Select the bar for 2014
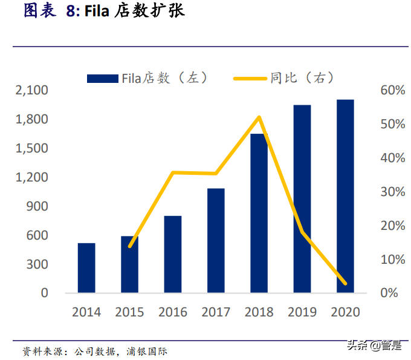[86, 268]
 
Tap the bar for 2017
[216, 241]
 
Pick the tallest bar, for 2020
[345, 197]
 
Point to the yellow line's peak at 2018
[259, 117]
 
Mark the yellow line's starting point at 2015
[130, 246]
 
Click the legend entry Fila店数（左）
[148, 77]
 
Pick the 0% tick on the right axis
[387, 293]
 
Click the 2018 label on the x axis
[259, 312]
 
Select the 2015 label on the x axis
[130, 312]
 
